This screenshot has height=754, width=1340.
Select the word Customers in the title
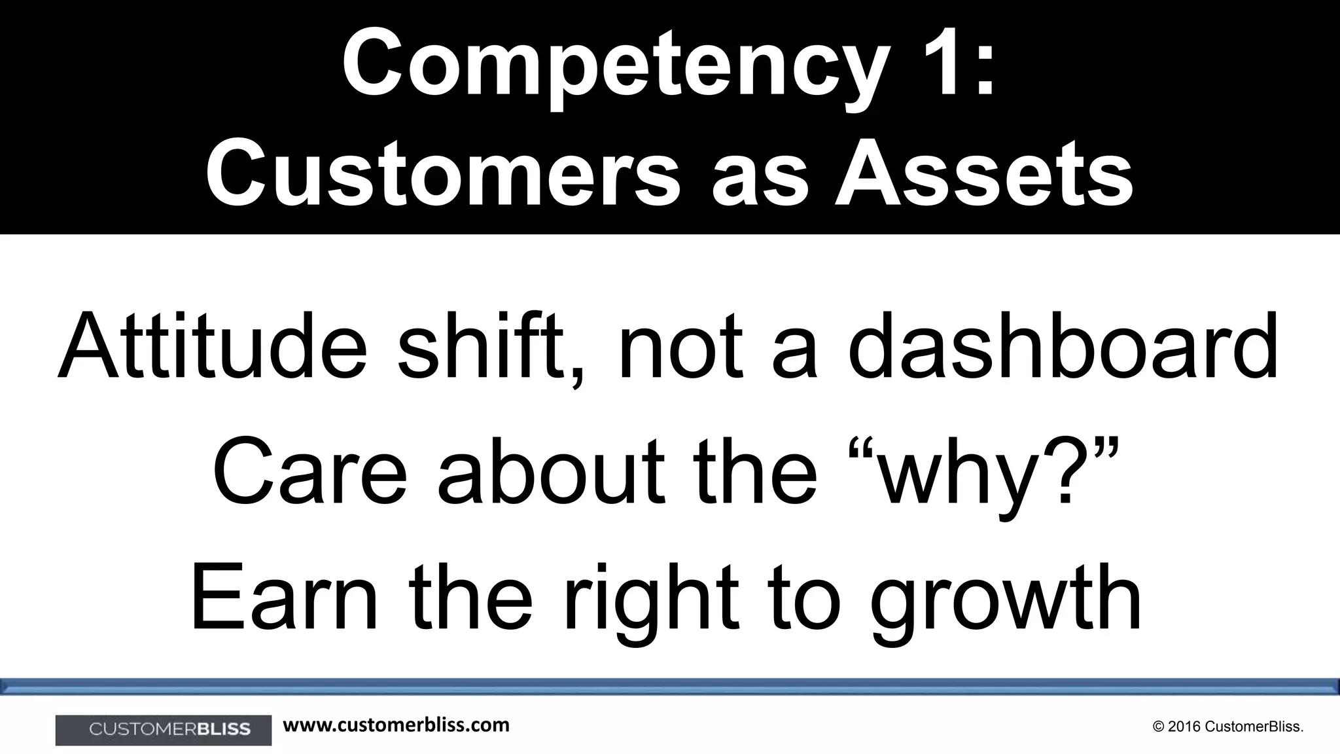(x=442, y=174)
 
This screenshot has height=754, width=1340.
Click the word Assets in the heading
(x=983, y=174)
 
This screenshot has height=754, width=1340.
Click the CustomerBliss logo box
(x=164, y=729)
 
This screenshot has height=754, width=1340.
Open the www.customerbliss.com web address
(x=396, y=725)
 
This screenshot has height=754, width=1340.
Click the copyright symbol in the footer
(x=1159, y=727)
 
